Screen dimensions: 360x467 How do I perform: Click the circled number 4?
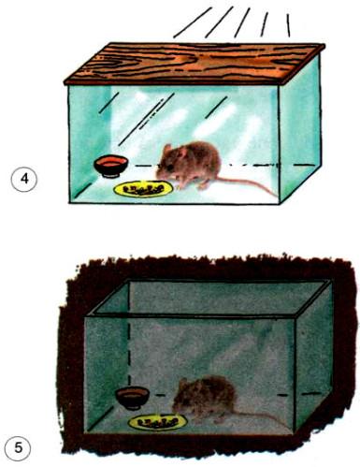point(24,180)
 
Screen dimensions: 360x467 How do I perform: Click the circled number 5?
point(19,449)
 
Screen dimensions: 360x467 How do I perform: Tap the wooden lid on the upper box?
point(194,64)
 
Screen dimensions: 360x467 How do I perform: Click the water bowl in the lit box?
point(111,167)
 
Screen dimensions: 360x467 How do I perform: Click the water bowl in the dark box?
point(132,398)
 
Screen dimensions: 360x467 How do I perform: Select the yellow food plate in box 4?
point(144,189)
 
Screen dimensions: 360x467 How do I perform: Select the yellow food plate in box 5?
point(158,422)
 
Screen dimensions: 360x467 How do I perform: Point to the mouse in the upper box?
point(190,166)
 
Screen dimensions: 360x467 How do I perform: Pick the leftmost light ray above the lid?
point(193,22)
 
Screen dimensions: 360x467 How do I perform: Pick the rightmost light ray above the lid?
point(288,25)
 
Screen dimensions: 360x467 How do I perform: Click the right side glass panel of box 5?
point(312,358)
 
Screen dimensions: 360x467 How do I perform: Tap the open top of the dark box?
point(209,299)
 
